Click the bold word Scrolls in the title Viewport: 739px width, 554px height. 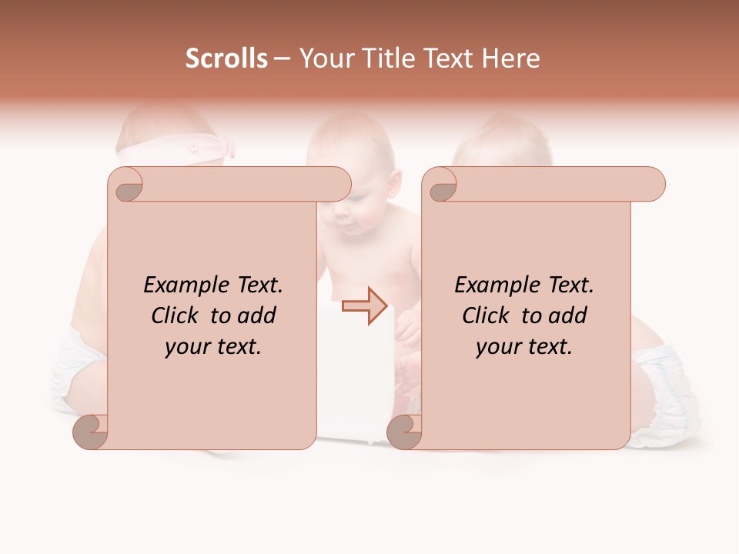tap(227, 58)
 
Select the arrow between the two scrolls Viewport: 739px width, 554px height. tap(364, 305)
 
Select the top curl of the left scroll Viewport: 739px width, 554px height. tap(127, 185)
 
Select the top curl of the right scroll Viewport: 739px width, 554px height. tap(440, 185)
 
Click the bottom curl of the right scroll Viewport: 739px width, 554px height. tap(405, 432)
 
